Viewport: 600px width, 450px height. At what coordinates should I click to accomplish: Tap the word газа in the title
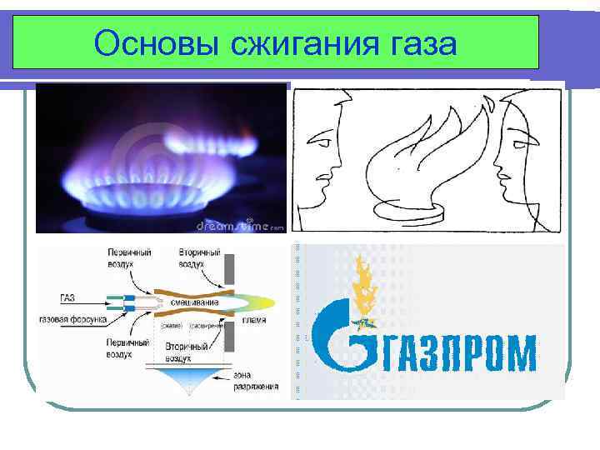413,42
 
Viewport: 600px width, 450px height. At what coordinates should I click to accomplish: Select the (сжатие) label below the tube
172,326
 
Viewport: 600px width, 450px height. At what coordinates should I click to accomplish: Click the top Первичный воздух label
128,256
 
